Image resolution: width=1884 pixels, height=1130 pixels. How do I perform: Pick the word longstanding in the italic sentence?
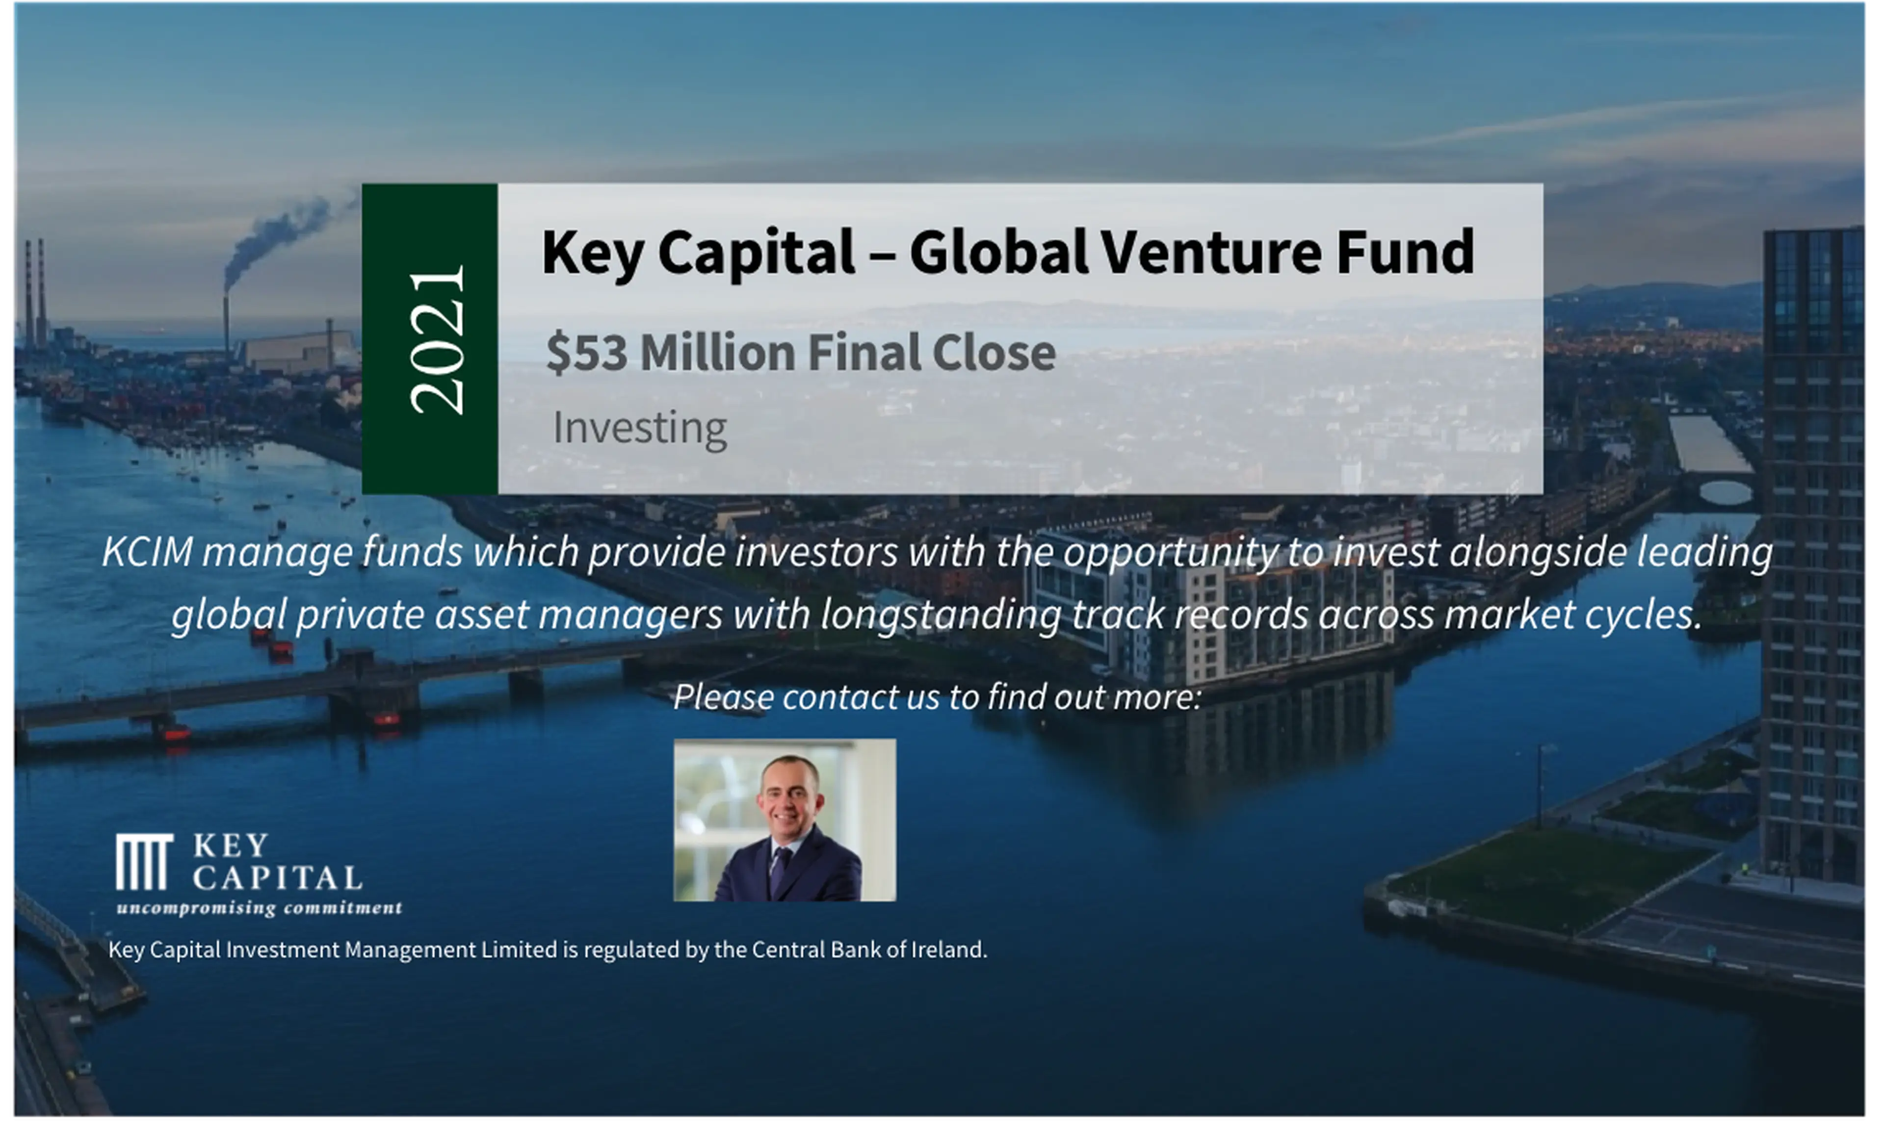941,614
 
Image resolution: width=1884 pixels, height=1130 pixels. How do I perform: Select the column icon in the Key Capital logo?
143,861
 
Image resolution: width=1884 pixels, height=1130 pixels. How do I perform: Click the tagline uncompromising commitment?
259,908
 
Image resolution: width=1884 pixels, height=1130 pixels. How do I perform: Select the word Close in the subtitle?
994,353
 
